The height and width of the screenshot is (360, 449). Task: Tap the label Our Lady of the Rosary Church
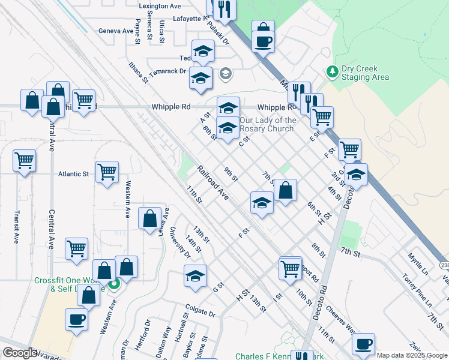pos(268,124)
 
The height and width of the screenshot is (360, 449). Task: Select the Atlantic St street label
pos(73,174)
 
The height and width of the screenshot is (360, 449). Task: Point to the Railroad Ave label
pos(213,184)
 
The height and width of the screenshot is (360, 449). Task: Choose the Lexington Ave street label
pos(160,6)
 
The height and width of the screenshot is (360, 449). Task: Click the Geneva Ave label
pos(116,31)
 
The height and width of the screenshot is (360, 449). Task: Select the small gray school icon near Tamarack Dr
pos(226,74)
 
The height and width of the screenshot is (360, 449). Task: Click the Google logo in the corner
pos(20,353)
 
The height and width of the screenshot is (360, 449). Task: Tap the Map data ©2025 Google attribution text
pos(412,355)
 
